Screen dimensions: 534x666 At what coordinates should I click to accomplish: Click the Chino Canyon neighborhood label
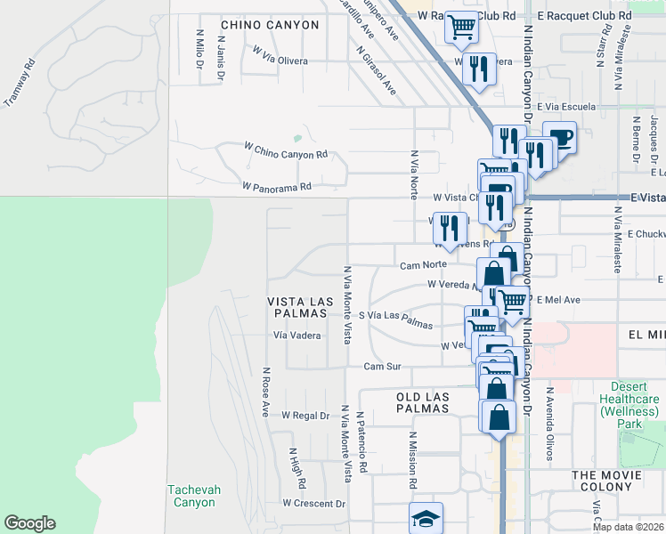[x=269, y=25]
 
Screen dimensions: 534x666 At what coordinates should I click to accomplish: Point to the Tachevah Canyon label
[x=193, y=496]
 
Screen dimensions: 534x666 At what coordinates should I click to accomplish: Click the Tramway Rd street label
[x=20, y=83]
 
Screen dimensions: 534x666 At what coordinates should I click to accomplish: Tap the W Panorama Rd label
[x=277, y=187]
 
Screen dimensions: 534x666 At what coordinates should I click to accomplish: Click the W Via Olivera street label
[x=280, y=56]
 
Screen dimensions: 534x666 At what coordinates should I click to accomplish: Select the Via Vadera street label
[x=296, y=336]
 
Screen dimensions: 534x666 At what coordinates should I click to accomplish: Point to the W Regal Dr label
[x=305, y=416]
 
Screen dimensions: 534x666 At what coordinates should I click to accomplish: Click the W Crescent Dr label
[x=313, y=503]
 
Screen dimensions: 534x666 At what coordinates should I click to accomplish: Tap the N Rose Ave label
[x=265, y=392]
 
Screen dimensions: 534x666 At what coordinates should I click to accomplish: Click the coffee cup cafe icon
[x=559, y=137]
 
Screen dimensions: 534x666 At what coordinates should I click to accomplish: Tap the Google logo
[x=29, y=523]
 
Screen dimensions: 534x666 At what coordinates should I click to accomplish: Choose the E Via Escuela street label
[x=566, y=107]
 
